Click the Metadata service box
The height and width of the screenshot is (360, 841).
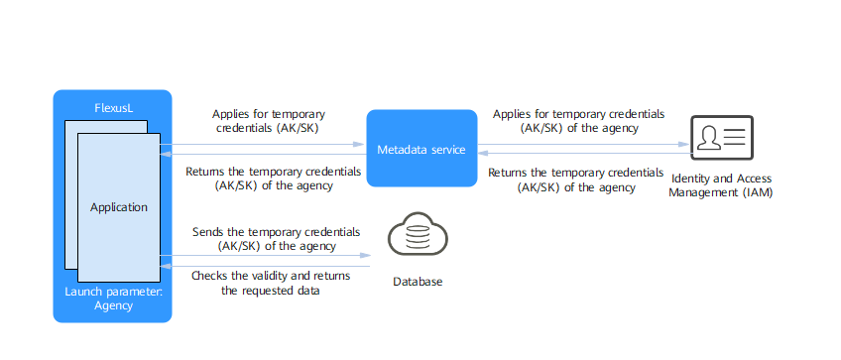421,148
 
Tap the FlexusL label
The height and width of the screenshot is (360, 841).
113,109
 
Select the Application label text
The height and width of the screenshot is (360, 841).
119,207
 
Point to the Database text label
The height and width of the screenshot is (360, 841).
418,282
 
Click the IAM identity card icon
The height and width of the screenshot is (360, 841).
722,137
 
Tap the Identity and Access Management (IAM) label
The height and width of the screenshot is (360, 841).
722,186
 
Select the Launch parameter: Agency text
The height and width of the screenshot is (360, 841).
113,299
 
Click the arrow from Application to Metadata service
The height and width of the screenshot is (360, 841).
263,145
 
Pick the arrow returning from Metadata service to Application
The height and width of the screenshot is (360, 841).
263,154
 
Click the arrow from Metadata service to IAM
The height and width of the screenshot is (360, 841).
584,145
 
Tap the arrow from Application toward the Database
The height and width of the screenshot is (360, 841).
266,256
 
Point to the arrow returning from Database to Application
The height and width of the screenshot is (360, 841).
266,266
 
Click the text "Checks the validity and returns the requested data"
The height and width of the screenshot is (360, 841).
271,284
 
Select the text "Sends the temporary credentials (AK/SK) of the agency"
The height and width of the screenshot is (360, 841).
277,239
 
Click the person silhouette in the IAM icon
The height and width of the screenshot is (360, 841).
709,139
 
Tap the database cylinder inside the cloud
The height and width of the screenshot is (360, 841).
417,236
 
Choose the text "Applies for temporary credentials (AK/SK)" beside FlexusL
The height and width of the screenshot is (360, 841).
269,121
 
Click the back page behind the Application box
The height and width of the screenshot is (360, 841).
71,194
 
